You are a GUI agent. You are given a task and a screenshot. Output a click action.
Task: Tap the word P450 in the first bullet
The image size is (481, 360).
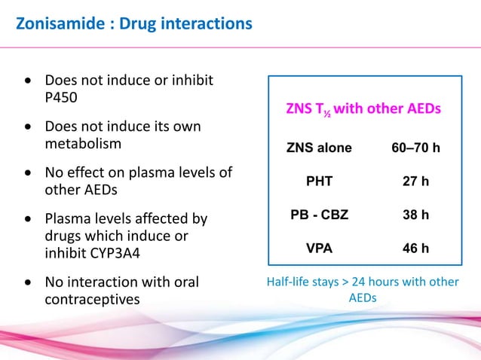coord(63,96)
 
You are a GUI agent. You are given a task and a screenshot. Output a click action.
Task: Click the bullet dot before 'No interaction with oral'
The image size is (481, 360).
coord(28,283)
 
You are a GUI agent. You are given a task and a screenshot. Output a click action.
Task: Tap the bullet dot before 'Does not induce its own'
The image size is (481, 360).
coord(28,127)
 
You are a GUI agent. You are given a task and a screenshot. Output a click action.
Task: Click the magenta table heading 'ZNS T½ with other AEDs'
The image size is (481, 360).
coord(363,109)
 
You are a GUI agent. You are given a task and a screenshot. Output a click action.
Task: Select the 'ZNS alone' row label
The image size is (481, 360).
coord(319,148)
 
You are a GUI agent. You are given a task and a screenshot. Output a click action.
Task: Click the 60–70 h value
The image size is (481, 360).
coord(415,148)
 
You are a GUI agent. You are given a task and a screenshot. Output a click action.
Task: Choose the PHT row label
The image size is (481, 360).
coord(319,182)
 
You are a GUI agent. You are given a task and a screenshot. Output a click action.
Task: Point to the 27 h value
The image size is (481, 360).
coord(415,182)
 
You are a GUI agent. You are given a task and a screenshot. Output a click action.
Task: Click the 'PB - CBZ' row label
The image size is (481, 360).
coord(319,215)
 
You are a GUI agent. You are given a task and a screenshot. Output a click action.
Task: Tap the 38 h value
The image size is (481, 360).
coord(415,215)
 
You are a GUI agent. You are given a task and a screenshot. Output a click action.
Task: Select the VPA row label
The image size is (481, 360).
coord(319,249)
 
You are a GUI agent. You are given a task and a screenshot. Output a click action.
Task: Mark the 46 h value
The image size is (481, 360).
coord(415,249)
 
